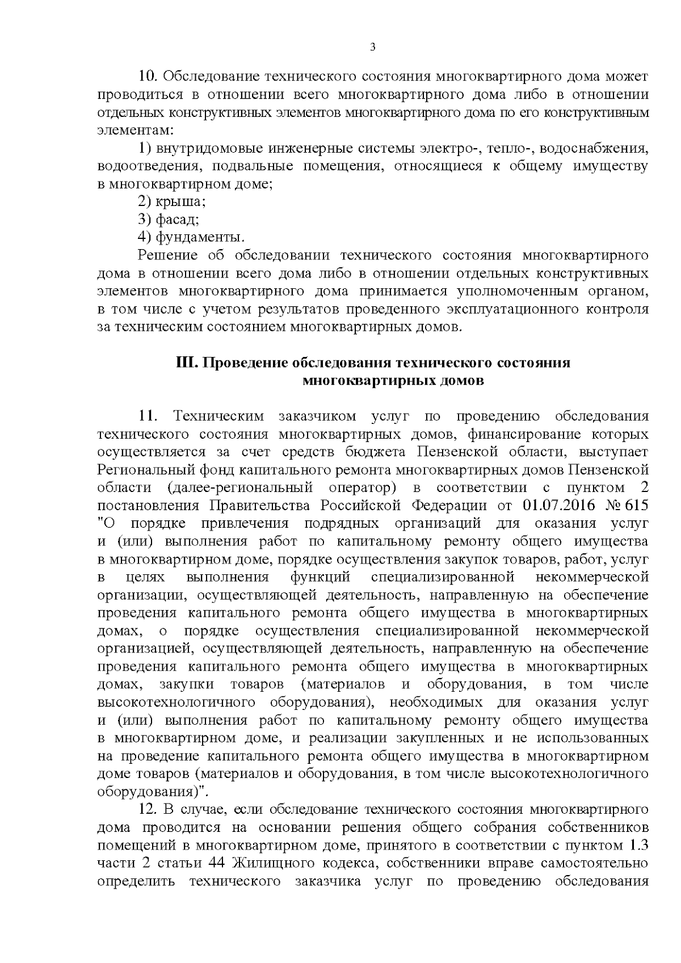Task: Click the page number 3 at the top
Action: pos(372,48)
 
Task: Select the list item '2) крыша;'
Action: pos(172,201)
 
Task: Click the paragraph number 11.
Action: pos(146,416)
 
